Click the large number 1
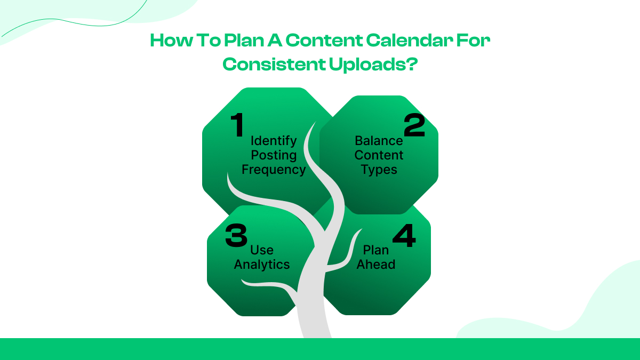237,126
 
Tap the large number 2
414,126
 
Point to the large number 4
404,235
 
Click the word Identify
274,141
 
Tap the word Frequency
274,170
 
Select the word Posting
274,155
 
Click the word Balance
379,141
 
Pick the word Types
379,170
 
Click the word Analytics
262,265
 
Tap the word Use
262,250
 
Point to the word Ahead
376,265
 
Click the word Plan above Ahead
376,250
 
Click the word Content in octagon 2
379,155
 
